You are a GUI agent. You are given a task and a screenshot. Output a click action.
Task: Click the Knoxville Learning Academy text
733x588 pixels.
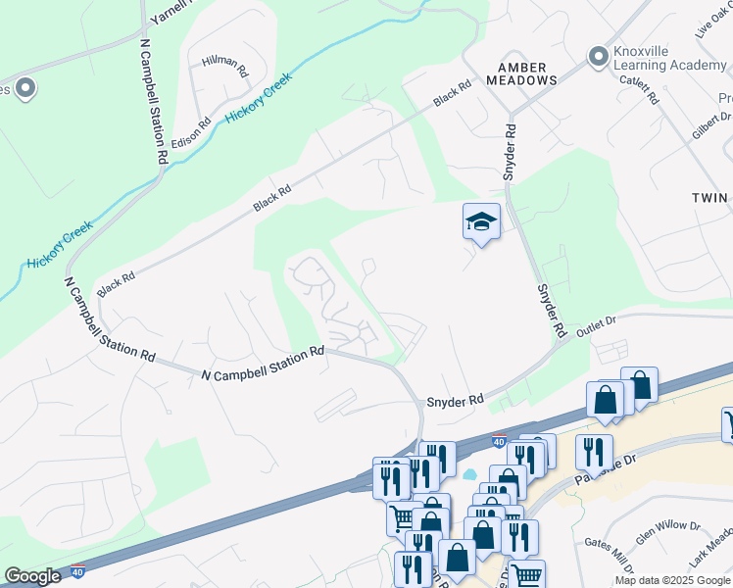tap(671, 59)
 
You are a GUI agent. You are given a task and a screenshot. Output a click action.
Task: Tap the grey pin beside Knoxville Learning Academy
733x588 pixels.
tap(598, 58)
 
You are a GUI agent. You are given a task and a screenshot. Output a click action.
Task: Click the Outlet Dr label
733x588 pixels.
tap(595, 325)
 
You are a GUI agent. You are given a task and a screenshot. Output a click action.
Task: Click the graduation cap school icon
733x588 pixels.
tap(481, 221)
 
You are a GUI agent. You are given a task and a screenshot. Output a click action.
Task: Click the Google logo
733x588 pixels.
tap(32, 576)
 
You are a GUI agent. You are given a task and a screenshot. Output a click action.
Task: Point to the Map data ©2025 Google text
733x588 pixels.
tap(673, 580)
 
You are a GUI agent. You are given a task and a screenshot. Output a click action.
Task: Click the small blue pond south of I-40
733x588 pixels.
tap(468, 475)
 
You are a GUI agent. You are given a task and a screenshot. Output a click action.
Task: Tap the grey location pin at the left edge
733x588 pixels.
tap(25, 90)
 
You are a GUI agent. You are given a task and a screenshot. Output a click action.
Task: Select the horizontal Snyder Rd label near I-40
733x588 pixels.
tap(456, 401)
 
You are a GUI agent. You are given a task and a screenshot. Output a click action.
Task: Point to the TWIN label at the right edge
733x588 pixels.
tap(710, 197)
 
